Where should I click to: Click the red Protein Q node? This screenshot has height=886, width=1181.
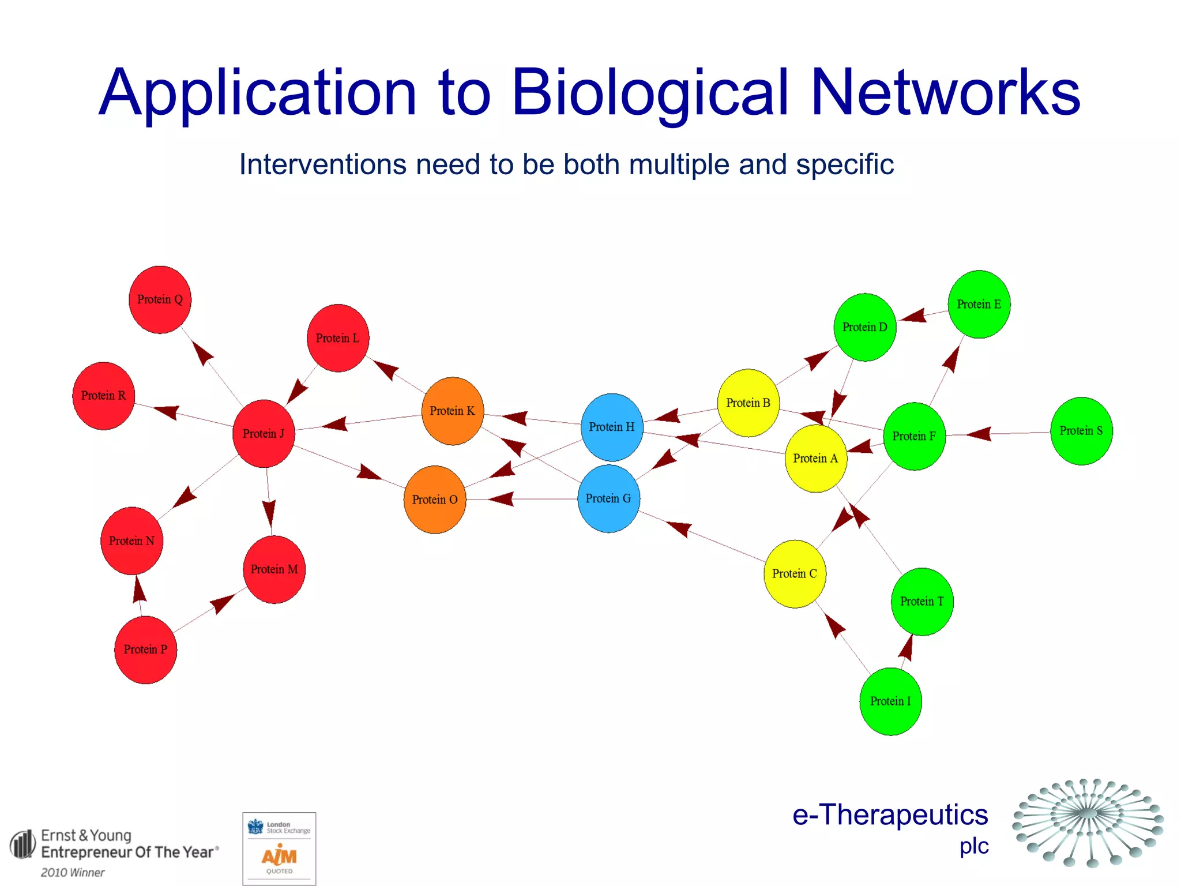pyautogui.click(x=160, y=300)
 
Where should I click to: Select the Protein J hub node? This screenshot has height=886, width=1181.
pyautogui.click(x=264, y=434)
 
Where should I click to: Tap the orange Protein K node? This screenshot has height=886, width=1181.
pyautogui.click(x=452, y=411)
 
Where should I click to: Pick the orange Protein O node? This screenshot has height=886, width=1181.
pyautogui.click(x=435, y=500)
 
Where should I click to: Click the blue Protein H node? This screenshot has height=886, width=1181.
pyautogui.click(x=612, y=427)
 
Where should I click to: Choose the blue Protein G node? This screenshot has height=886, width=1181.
pyautogui.click(x=608, y=499)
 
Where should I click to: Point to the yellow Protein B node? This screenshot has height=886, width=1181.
pyautogui.click(x=748, y=403)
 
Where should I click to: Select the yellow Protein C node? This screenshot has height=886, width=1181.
pyautogui.click(x=795, y=574)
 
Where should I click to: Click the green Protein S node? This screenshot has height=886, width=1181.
pyautogui.click(x=1081, y=431)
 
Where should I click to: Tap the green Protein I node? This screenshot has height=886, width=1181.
pyautogui.click(x=890, y=701)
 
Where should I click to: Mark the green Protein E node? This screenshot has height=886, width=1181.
pyautogui.click(x=979, y=305)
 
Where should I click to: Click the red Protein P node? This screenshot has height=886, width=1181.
pyautogui.click(x=145, y=650)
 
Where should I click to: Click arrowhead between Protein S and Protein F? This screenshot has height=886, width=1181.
pyautogui.click(x=979, y=433)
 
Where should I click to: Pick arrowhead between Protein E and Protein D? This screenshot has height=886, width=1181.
pyautogui.click(x=914, y=316)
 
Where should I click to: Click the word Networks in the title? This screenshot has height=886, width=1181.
pyautogui.click(x=945, y=92)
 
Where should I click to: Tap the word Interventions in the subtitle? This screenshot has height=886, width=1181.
pyautogui.click(x=323, y=165)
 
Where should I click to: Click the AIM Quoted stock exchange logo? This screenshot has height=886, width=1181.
pyautogui.click(x=279, y=849)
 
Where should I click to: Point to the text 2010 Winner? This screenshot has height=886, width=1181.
pyautogui.click(x=73, y=872)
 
